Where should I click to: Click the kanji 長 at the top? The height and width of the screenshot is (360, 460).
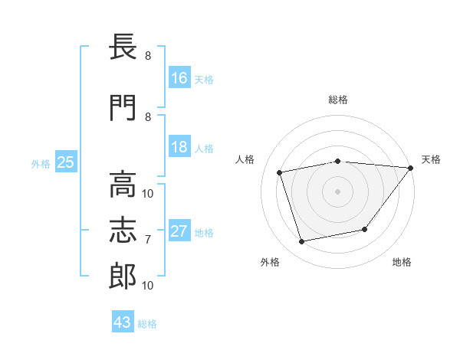tap(123, 49)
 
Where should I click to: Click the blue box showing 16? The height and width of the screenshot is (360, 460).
tap(179, 78)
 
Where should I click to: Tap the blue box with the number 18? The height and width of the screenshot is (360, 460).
tap(179, 147)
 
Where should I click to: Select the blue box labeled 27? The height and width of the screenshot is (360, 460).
tap(179, 231)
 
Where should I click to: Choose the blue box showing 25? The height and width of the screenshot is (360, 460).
tap(65, 162)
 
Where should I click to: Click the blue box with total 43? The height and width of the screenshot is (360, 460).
tap(122, 322)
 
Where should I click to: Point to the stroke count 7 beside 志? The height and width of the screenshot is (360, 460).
tap(148, 240)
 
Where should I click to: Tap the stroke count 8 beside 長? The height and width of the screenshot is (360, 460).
tap(148, 56)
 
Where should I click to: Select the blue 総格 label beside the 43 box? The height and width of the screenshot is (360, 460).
tap(147, 324)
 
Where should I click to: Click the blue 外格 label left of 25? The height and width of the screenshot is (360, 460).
tap(40, 163)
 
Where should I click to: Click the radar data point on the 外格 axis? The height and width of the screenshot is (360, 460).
tap(301, 242)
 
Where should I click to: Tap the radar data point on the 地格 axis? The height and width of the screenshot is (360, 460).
tap(365, 229)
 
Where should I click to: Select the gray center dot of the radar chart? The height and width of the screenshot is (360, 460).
tap(337, 191)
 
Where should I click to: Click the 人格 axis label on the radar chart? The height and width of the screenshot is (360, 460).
tap(245, 159)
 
